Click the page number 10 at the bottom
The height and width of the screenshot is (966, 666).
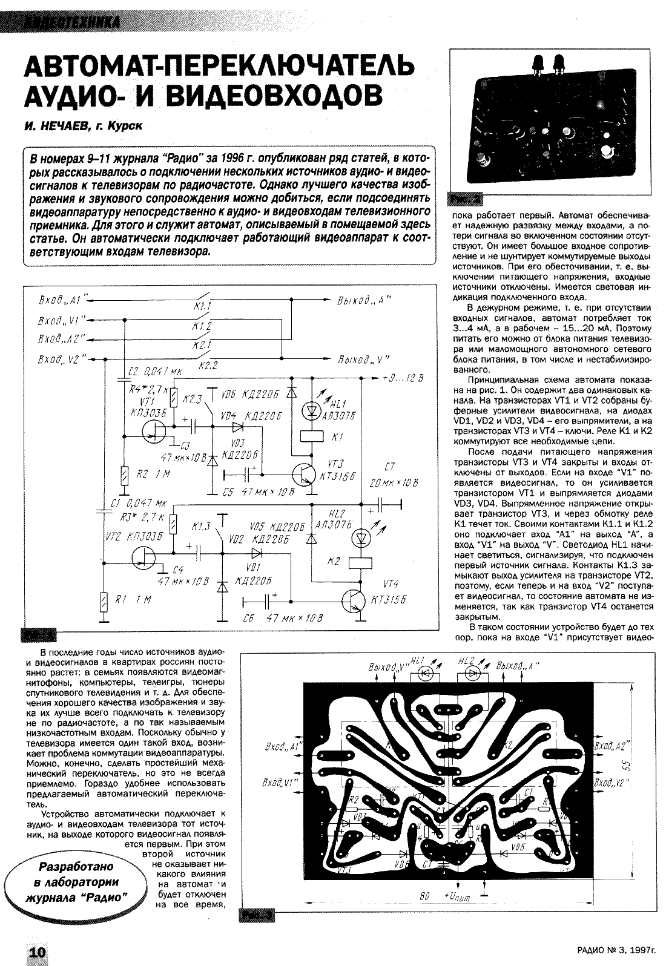click(x=36, y=951)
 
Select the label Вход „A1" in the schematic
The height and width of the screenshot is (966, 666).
click(x=60, y=300)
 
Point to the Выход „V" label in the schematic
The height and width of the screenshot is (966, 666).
click(x=364, y=358)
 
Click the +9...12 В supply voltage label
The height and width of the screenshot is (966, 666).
click(x=403, y=378)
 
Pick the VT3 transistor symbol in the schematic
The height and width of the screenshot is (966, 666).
click(x=304, y=472)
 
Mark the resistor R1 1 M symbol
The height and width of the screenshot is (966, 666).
click(x=104, y=600)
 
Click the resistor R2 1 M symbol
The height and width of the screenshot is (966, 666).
click(x=124, y=475)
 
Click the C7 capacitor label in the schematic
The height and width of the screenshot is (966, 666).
click(x=389, y=467)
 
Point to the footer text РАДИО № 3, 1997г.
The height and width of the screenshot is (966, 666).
click(x=612, y=951)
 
